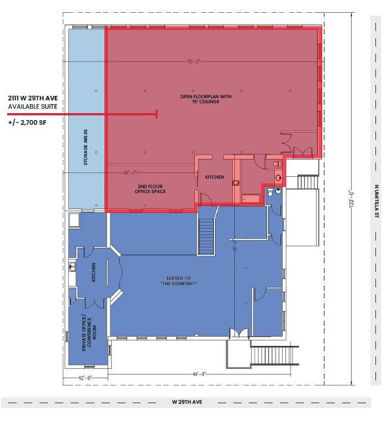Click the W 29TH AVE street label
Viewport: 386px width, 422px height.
(x=186, y=402)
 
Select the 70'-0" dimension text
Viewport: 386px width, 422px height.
(x=193, y=61)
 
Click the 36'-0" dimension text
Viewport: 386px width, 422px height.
(x=131, y=172)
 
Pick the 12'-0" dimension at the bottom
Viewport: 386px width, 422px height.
(x=86, y=377)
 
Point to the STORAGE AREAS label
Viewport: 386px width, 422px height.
(x=86, y=147)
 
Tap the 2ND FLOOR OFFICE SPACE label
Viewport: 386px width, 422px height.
(x=150, y=188)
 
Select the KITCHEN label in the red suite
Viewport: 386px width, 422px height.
(x=214, y=177)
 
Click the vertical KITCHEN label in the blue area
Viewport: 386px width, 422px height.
(x=94, y=272)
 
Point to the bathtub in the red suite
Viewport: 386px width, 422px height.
(x=250, y=197)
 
